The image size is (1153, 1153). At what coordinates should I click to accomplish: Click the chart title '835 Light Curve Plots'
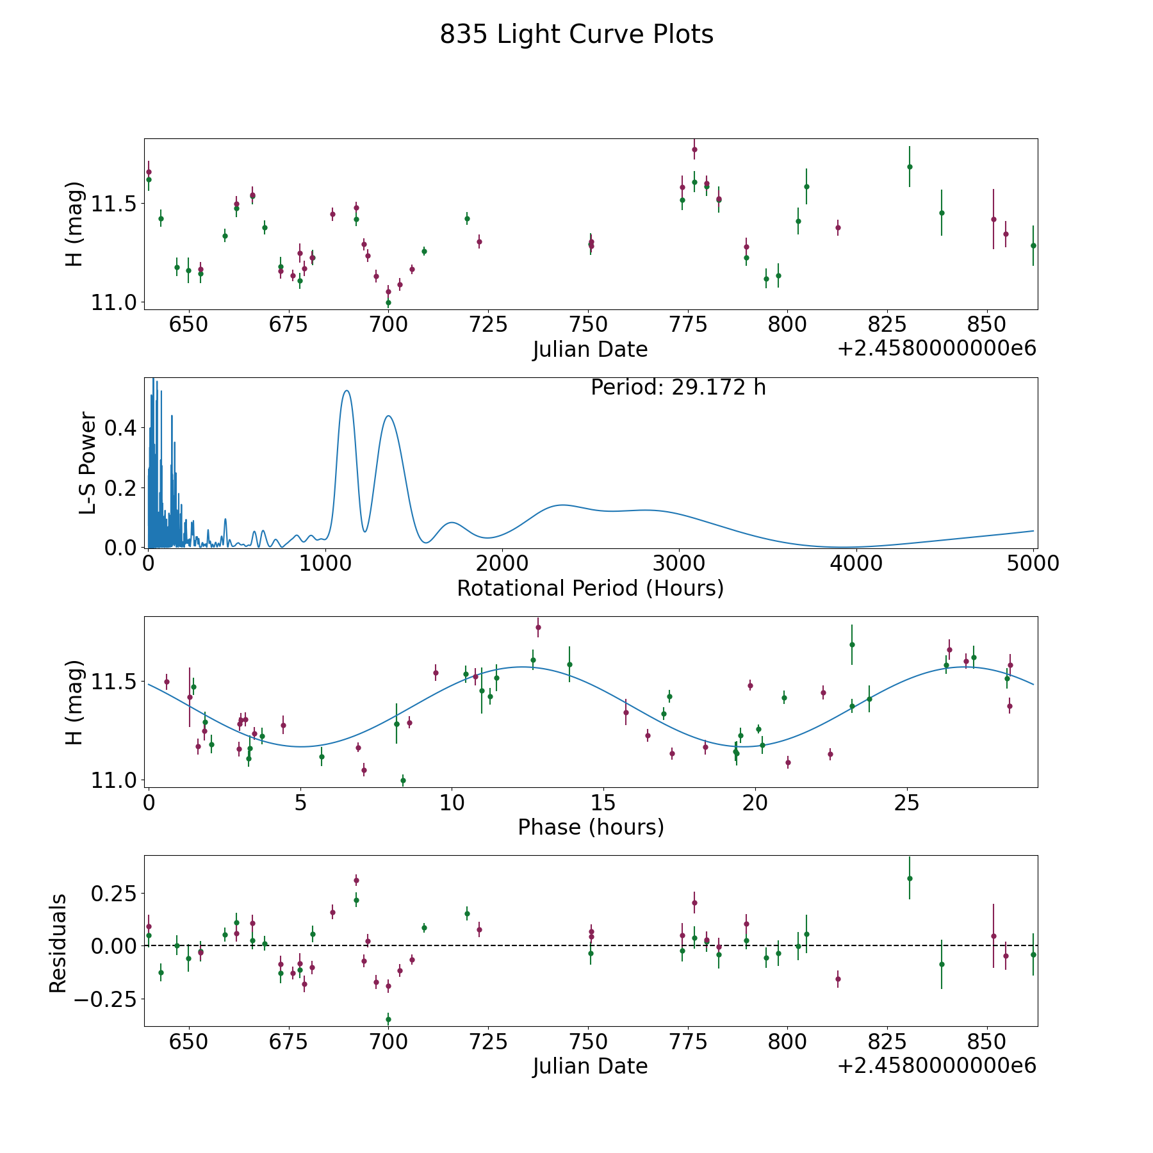[x=576, y=35]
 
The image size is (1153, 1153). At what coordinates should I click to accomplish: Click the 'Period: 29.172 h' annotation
[x=678, y=388]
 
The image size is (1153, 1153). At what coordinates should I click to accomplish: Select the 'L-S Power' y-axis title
[x=88, y=462]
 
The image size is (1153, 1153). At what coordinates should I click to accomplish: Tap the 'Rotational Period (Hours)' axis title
[x=590, y=588]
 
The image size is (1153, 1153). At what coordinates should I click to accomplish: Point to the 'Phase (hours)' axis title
[x=591, y=827]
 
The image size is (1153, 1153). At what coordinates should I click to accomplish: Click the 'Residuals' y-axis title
[x=58, y=943]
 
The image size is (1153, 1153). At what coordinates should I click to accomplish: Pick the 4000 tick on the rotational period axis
[x=856, y=563]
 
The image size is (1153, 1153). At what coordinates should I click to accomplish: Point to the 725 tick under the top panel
[x=488, y=324]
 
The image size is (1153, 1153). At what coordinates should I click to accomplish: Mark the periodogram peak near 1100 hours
[x=347, y=391]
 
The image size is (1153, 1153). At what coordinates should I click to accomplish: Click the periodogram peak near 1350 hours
[x=388, y=416]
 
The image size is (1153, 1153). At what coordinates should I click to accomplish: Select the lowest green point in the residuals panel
[x=388, y=1019]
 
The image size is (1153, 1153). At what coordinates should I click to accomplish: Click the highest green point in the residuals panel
[x=910, y=878]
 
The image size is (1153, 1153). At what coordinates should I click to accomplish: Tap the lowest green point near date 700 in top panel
[x=388, y=302]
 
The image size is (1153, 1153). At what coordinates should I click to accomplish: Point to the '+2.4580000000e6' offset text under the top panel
[x=936, y=349]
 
